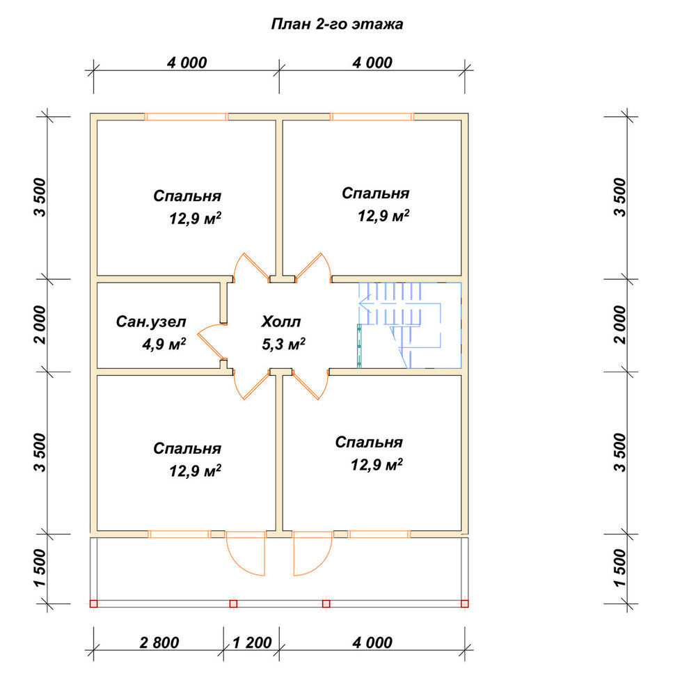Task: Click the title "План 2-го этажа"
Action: pyautogui.click(x=337, y=24)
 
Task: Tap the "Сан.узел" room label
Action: pyautogui.click(x=151, y=322)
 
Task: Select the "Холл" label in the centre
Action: pyautogui.click(x=281, y=322)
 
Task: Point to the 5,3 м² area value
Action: pyautogui.click(x=284, y=344)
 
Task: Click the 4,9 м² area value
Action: pyautogui.click(x=164, y=344)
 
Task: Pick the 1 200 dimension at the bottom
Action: pyautogui.click(x=252, y=642)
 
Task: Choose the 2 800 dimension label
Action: pyautogui.click(x=159, y=642)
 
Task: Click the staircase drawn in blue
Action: pyautogui.click(x=410, y=325)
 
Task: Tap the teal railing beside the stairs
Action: pyautogui.click(x=359, y=346)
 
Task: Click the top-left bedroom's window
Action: pyautogui.click(x=187, y=117)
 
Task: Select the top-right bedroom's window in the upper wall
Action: pyautogui.click(x=372, y=117)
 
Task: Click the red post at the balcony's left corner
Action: pyautogui.click(x=94, y=603)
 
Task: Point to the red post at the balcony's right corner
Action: pyautogui.click(x=465, y=603)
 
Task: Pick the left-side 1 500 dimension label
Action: pyautogui.click(x=40, y=568)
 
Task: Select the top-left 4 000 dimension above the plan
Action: pyautogui.click(x=187, y=63)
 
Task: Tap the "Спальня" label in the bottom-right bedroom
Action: pyautogui.click(x=369, y=442)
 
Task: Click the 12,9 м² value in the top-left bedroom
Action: pyautogui.click(x=196, y=219)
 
